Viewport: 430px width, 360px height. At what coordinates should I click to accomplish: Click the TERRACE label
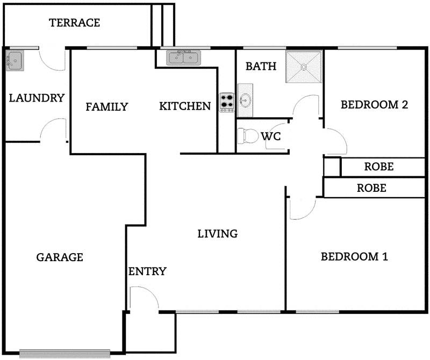point(74,23)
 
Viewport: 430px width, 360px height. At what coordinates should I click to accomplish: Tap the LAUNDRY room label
point(37,98)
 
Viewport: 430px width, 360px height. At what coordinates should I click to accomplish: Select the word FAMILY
point(107,107)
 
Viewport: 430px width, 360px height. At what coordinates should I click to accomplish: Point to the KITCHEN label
point(185,106)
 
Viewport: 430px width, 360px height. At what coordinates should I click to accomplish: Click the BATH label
point(261,67)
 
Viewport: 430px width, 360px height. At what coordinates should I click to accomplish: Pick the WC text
point(271,136)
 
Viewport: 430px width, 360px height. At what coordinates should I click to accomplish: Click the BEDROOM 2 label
point(374,104)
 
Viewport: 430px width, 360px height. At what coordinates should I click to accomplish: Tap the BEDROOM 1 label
point(354,256)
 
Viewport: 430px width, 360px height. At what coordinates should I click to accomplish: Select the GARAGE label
point(60,257)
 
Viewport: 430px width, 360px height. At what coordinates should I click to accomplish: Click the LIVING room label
point(217,234)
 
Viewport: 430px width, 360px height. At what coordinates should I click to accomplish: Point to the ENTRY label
point(147,271)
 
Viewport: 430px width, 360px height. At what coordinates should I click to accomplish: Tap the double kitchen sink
point(183,56)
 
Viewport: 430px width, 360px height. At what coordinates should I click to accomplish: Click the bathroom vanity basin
point(245,100)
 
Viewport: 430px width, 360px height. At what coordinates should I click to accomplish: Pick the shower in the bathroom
point(304,68)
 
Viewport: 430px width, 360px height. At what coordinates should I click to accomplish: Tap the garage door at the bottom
point(64,353)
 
